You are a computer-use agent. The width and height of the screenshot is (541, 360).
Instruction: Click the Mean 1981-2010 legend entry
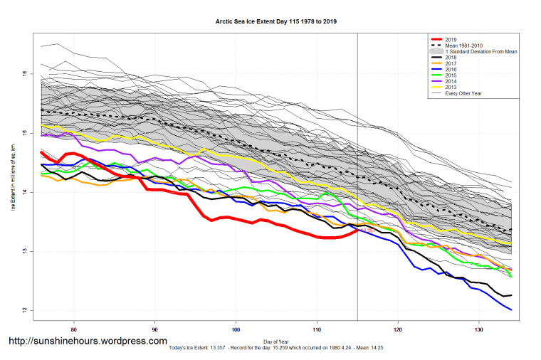click(x=461, y=46)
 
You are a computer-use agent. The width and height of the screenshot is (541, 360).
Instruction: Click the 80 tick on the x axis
click(x=74, y=329)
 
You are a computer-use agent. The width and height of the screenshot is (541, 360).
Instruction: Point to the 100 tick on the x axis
click(x=236, y=329)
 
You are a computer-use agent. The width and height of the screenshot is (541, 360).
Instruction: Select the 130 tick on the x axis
click(x=478, y=329)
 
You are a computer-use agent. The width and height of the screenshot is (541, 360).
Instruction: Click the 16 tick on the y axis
click(x=23, y=74)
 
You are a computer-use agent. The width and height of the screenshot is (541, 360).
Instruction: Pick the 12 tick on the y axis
click(x=23, y=310)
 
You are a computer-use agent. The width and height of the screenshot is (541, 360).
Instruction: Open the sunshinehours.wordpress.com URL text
click(x=88, y=342)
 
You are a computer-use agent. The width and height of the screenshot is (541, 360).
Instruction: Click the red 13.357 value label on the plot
click(x=368, y=231)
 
